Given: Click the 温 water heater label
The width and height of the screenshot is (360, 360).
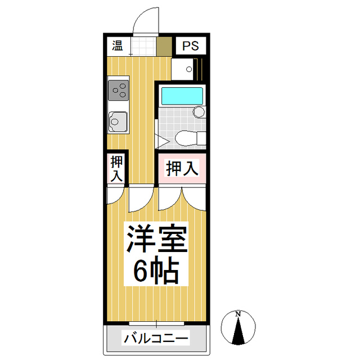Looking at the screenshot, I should click(117, 46).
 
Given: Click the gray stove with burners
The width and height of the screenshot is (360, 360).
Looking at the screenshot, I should click(119, 89).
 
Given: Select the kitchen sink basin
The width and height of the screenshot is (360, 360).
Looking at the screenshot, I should click(118, 120).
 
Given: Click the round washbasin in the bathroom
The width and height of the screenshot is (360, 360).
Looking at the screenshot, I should click(199, 112).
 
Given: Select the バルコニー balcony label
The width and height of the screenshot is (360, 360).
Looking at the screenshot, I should click(156, 339).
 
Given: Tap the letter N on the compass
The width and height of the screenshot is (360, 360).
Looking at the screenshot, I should click(238, 313).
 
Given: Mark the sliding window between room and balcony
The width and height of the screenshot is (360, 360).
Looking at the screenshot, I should click(157, 323).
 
